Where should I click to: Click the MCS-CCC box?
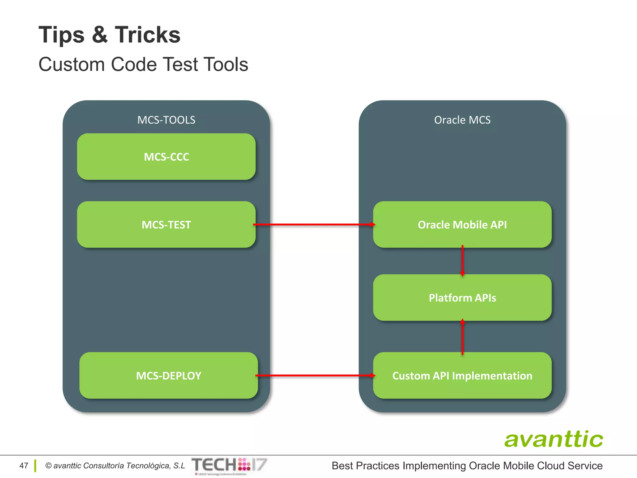[166, 157]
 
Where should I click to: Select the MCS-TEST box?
[166, 224]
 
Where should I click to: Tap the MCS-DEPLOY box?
[169, 375]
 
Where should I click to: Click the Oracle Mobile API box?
[462, 224]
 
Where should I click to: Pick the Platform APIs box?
[462, 298]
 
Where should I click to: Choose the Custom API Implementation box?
[462, 375]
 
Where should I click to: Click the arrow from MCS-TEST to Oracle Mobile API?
[314, 224]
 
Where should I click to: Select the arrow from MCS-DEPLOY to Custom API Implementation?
[315, 375]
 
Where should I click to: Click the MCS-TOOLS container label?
[166, 120]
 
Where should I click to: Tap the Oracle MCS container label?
[462, 120]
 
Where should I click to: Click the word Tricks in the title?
[148, 35]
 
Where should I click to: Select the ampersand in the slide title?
[100, 35]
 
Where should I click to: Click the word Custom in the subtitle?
[72, 64]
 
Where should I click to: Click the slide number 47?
[24, 466]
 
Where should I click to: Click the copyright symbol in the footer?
[48, 466]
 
